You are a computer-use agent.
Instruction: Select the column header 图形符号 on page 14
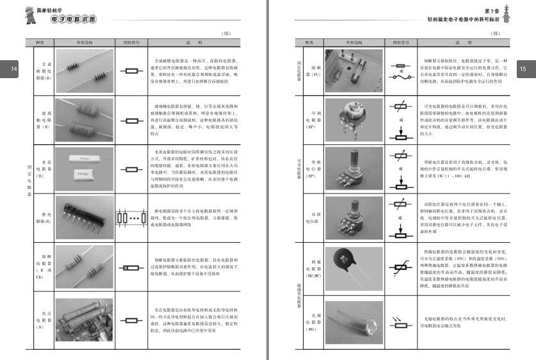pyautogui.click(x=131, y=43)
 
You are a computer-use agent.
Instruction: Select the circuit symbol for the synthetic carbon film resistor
pyautogui.click(x=131, y=70)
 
